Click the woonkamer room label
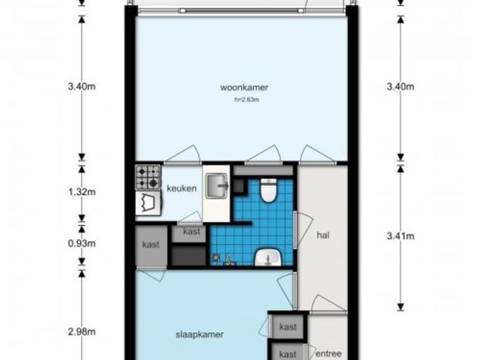pyautogui.click(x=244, y=88)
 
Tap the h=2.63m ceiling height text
pyautogui.click(x=247, y=100)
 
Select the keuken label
pyautogui.click(x=181, y=188)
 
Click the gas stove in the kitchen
pyautogui.click(x=148, y=177)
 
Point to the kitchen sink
pyautogui.click(x=217, y=185)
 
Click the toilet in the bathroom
pyautogui.click(x=268, y=190)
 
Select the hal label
pyautogui.click(x=323, y=235)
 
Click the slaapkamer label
pyautogui.click(x=199, y=334)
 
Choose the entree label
pyautogui.click(x=328, y=354)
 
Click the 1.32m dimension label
pyautogui.click(x=82, y=192)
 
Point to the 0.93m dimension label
pyautogui.click(x=82, y=243)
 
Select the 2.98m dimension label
pyautogui.click(x=82, y=331)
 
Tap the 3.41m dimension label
pyautogui.click(x=400, y=236)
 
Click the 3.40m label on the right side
pyautogui.click(x=400, y=87)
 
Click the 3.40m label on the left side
pyautogui.click(x=82, y=87)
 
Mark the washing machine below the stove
pyautogui.click(x=148, y=203)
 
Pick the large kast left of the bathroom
pyautogui.click(x=151, y=246)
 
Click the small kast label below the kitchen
pyautogui.click(x=192, y=232)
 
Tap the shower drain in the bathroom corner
pyautogui.click(x=217, y=258)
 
